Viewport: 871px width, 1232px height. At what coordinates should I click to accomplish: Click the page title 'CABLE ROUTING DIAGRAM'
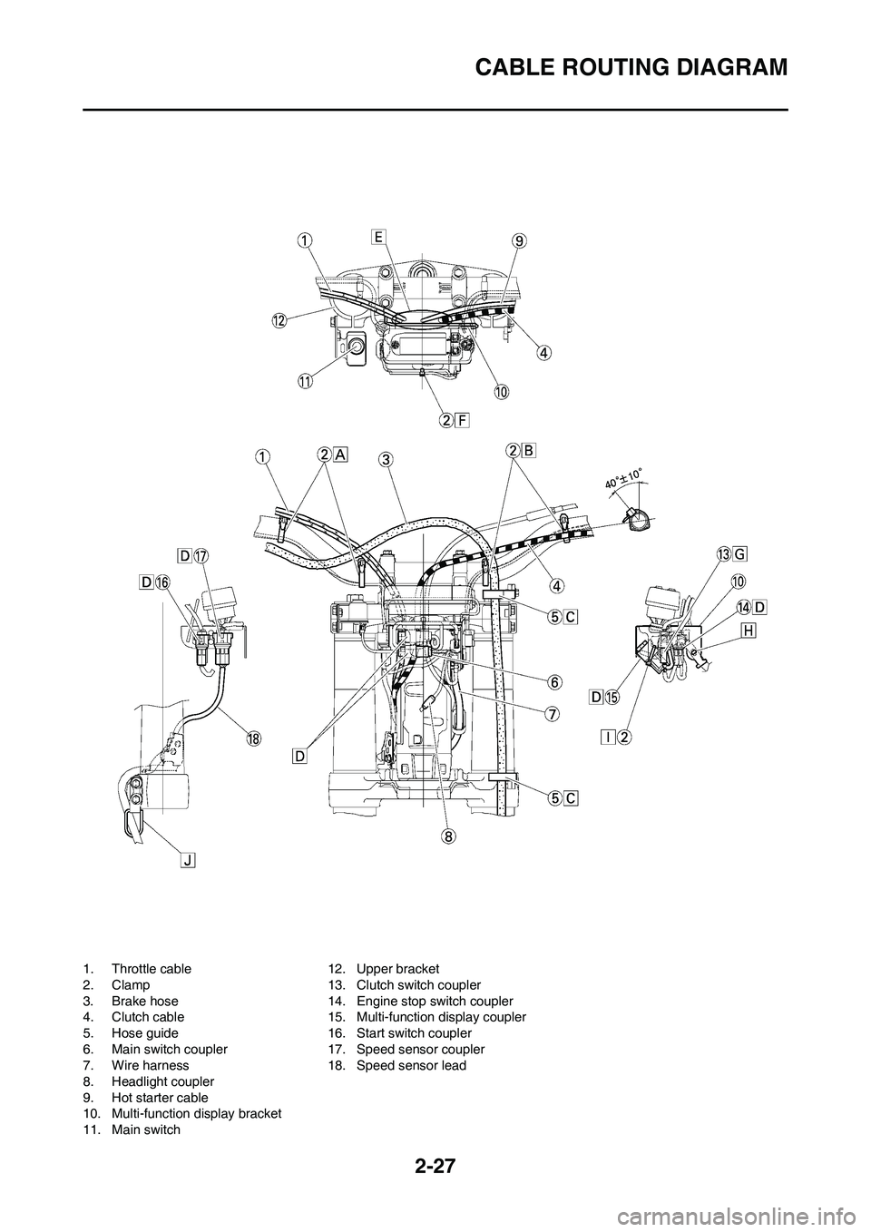click(631, 68)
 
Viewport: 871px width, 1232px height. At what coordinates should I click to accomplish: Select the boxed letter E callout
click(379, 237)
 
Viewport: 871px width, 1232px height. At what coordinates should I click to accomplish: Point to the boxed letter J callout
click(189, 860)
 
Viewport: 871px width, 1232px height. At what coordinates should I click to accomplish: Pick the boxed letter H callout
click(748, 631)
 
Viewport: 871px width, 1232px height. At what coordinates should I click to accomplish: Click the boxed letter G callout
click(740, 555)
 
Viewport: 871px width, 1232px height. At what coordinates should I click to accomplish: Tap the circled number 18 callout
click(253, 738)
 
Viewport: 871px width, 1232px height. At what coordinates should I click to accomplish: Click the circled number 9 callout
click(519, 241)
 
